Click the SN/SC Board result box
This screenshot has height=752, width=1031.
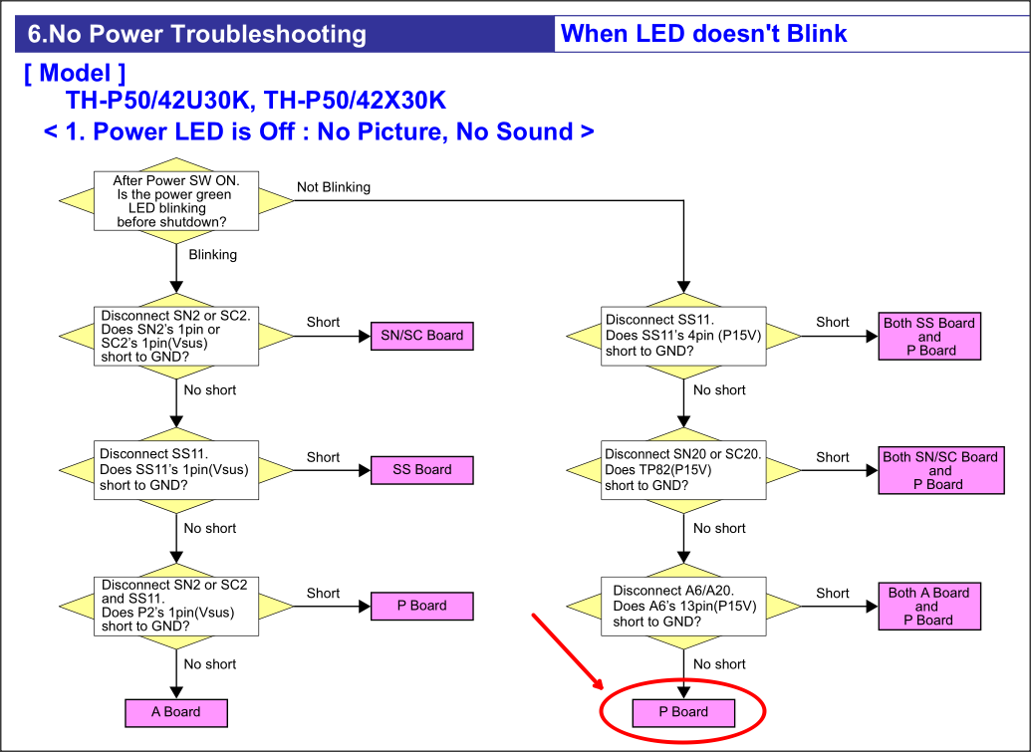422,336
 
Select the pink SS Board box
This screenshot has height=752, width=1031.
422,470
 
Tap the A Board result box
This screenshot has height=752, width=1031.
176,712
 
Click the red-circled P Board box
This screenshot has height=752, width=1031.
683,712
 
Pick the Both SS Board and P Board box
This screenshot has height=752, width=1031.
929,336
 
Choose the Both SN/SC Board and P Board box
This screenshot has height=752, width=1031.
941,470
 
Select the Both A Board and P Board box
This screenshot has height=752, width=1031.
929,606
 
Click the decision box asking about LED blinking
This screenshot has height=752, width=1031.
176,200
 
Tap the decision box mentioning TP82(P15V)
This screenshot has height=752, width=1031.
683,470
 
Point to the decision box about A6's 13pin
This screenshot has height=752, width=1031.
683,606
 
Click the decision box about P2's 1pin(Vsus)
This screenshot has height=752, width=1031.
176,606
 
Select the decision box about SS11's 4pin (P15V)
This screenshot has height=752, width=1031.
683,336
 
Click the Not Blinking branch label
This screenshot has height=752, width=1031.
334,187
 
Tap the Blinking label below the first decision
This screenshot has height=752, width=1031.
212,254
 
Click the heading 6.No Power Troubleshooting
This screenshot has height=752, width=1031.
197,34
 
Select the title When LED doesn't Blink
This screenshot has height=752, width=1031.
703,34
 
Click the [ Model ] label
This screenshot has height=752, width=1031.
75,73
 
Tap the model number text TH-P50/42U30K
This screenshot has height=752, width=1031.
157,101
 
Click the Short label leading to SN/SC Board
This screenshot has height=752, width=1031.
323,322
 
